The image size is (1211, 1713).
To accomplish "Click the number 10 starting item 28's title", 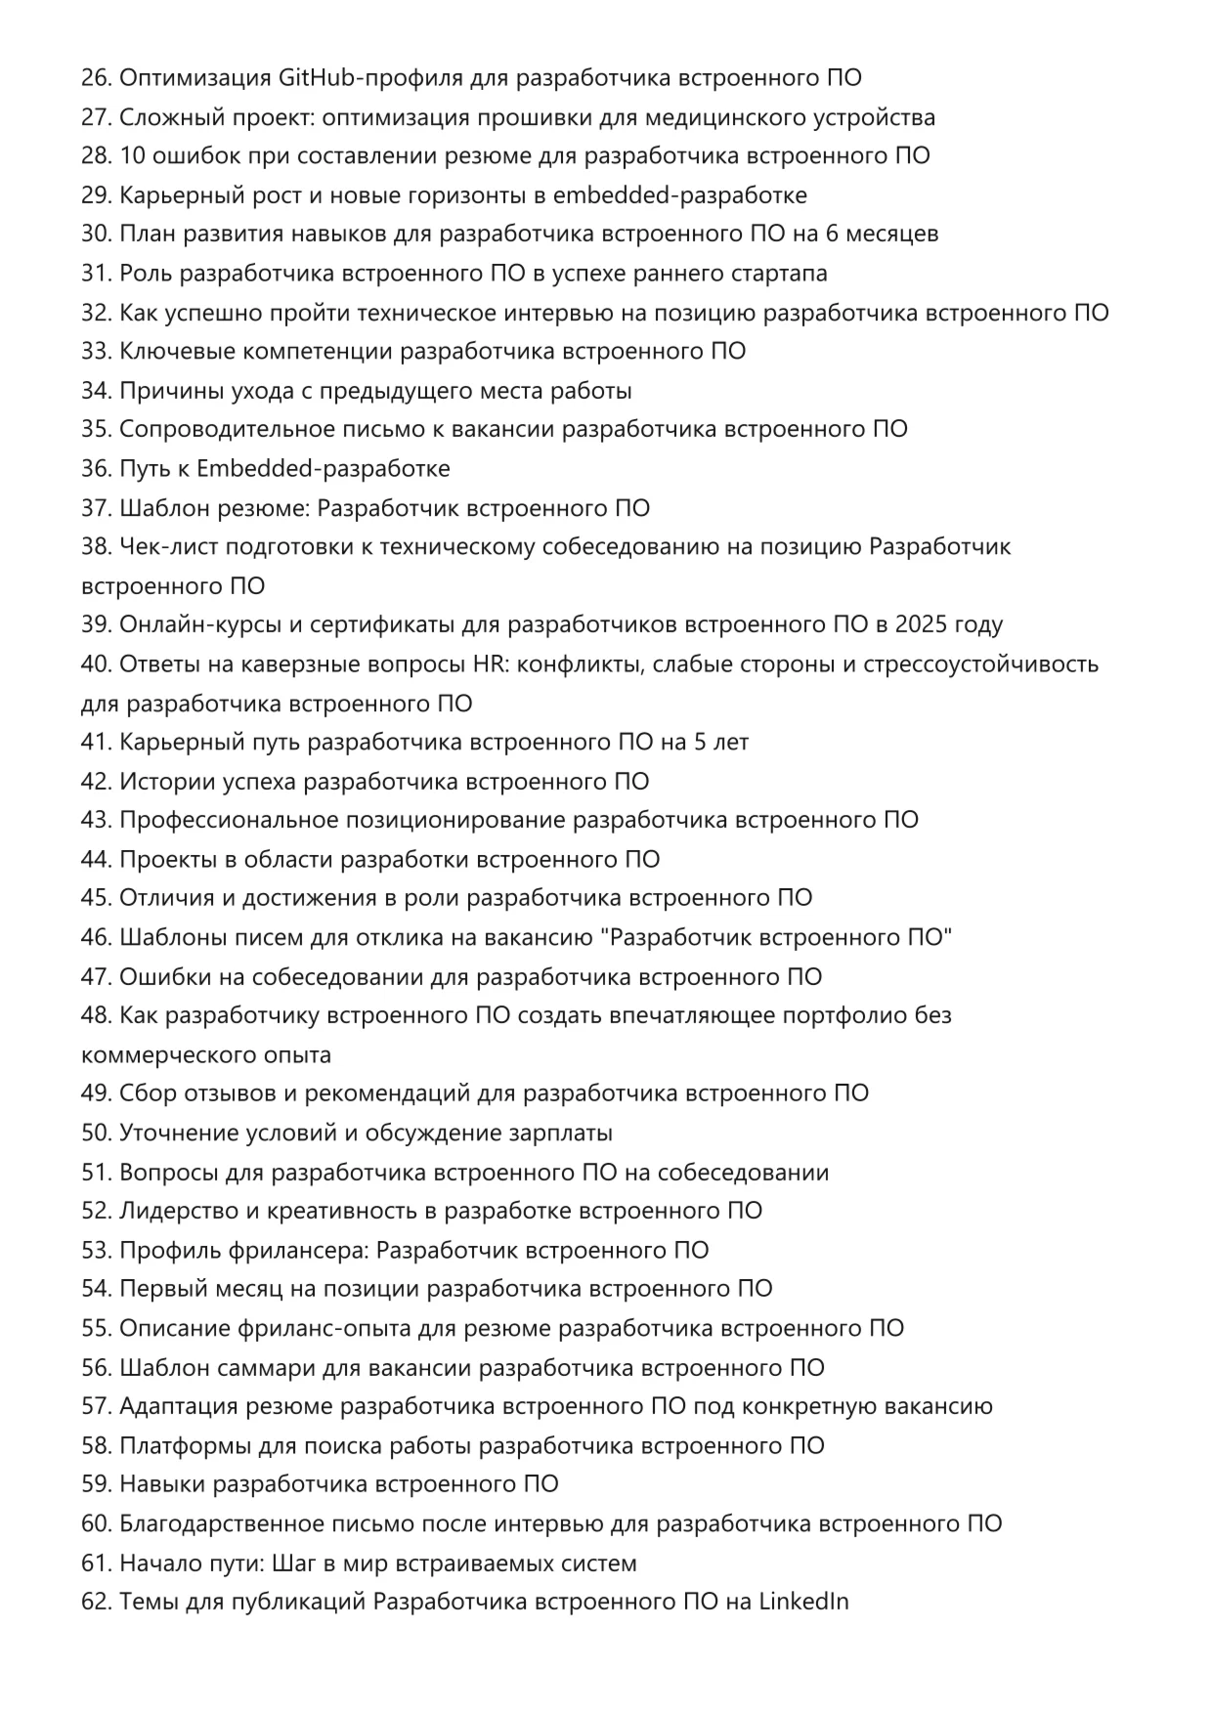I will (x=132, y=156).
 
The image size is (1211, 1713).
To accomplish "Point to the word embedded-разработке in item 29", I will (x=679, y=195).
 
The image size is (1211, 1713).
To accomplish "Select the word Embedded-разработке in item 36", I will (x=324, y=469).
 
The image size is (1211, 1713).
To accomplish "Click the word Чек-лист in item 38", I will (x=168, y=546).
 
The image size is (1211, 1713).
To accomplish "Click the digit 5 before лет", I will (x=700, y=743).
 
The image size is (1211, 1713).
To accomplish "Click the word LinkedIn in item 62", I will (x=803, y=1603).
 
